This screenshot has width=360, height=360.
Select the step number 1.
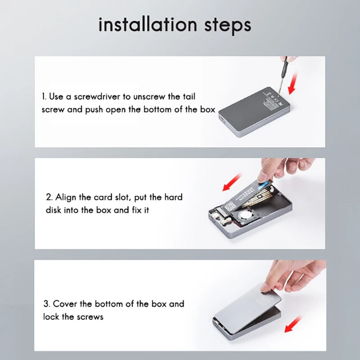tap(44, 96)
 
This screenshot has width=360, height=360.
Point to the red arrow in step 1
tap(291, 84)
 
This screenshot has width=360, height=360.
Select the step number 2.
tap(49, 197)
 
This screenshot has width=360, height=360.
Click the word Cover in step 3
tap(66, 304)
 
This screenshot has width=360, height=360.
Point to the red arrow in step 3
tap(292, 323)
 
